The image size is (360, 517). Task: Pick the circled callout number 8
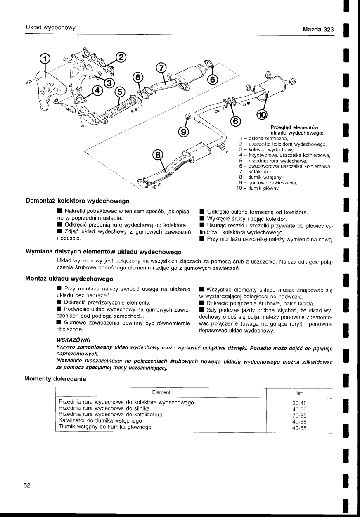[158, 155]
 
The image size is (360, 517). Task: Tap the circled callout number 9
[183, 131]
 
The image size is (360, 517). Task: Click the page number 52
[27, 485]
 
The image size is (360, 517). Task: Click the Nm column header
[299, 393]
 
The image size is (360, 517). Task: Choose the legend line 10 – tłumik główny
[258, 188]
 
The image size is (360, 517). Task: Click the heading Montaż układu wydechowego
[69, 279]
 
